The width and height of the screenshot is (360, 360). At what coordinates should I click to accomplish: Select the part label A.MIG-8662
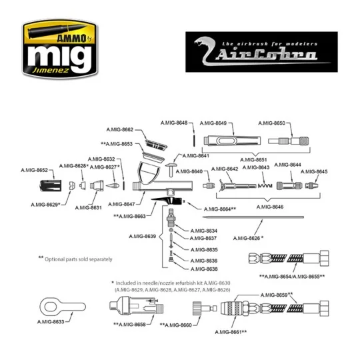(x=120, y=129)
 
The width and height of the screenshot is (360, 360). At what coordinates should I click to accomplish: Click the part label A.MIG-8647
(x=120, y=203)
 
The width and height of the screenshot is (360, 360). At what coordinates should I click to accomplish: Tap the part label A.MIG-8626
(x=248, y=237)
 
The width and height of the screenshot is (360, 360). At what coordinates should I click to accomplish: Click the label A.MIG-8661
(x=231, y=331)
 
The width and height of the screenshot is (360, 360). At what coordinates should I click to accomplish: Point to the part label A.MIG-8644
(x=287, y=165)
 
